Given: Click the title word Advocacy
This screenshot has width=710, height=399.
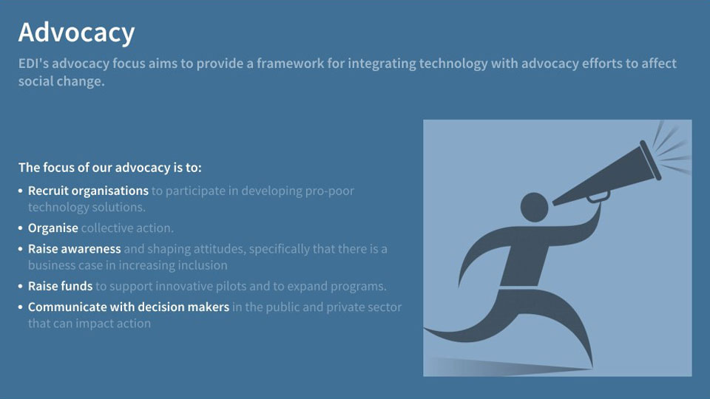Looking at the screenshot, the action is (76, 33).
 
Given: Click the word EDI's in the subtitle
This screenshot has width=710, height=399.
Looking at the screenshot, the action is (33, 63).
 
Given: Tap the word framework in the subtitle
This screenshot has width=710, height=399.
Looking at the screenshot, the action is (290, 63).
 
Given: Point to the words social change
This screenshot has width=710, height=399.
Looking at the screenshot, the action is (61, 81).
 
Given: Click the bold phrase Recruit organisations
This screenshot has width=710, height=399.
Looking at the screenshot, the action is (88, 191).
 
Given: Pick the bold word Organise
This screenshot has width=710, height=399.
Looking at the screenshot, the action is (53, 228).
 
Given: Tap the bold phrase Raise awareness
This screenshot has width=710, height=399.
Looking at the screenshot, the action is (74, 249).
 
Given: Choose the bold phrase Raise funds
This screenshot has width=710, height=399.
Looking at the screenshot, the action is (60, 286).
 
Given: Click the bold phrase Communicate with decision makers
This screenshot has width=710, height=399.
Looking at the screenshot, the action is (129, 307).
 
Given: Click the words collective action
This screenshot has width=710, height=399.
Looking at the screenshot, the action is (127, 228).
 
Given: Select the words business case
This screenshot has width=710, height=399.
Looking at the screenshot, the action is (65, 265).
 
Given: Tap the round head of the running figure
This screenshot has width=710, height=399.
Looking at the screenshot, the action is (534, 207).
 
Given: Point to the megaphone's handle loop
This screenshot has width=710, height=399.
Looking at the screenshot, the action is (598, 197).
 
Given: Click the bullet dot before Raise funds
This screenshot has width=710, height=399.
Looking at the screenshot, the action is (21, 287).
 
